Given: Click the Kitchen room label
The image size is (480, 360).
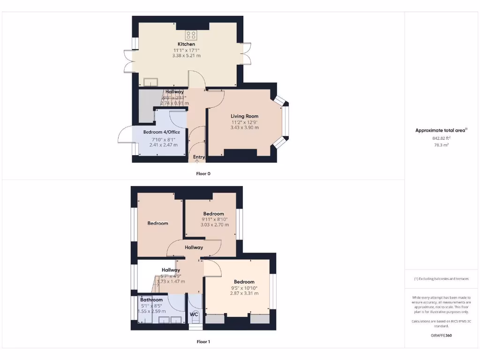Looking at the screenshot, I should coord(186,44).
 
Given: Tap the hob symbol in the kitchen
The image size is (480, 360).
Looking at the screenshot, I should coord(190,34).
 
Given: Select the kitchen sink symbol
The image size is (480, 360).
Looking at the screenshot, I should coord(151,82).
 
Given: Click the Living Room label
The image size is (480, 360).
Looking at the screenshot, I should coord(244,116).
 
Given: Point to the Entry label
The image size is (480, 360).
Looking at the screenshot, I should coord(199,157).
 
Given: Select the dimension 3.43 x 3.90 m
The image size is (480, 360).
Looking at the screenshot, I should coord(244,127).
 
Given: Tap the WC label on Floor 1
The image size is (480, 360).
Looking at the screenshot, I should coord(194,314).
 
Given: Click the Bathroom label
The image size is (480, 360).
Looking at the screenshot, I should coord(151,300).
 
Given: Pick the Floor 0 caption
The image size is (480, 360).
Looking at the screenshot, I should coord(203,173).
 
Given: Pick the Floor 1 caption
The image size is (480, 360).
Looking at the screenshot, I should coord(203,342).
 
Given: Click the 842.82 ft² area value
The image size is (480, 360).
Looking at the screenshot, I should coord(441,138).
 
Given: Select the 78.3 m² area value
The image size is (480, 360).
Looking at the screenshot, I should coord(441,145).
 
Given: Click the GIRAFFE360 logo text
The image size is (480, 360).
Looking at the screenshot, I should coord(441,336).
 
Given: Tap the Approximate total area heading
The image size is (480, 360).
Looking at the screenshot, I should coord(441,130).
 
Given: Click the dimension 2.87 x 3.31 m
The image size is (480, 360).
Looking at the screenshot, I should coord(244,293).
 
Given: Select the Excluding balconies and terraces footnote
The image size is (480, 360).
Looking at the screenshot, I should coord(441,279).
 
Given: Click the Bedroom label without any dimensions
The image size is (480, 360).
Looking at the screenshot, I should coord(157,223).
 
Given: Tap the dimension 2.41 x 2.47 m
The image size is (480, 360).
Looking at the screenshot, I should coord(164,145).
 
